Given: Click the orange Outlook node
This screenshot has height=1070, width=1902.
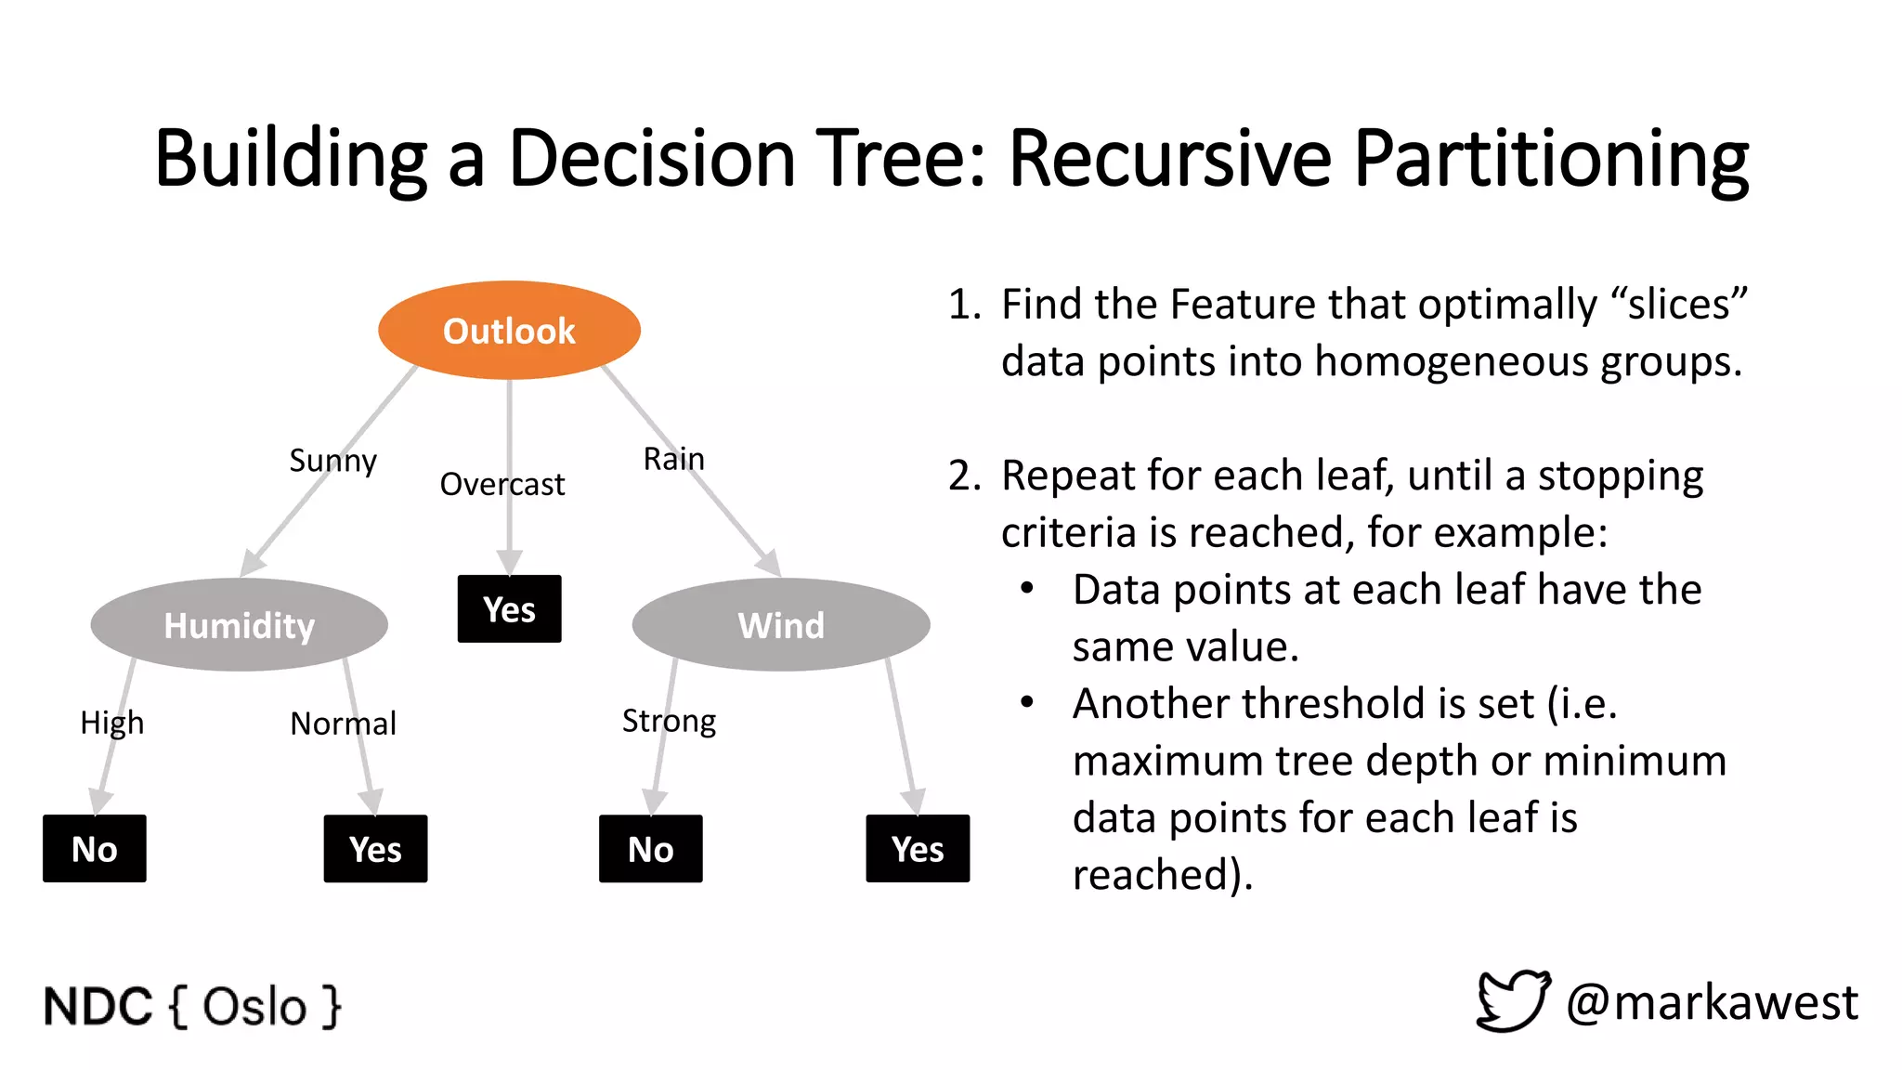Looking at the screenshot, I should (x=509, y=331).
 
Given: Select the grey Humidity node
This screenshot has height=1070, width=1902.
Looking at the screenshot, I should (x=239, y=625).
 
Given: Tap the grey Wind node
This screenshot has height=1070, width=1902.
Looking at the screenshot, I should (x=781, y=625).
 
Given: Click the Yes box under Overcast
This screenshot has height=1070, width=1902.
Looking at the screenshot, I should (x=509, y=609).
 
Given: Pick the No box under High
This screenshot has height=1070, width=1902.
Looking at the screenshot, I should (x=95, y=849).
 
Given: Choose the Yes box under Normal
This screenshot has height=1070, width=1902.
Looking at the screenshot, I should (x=375, y=849).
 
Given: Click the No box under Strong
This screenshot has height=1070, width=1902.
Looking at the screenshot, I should (x=650, y=849).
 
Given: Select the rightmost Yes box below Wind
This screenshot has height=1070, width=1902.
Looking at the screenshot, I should (x=918, y=849).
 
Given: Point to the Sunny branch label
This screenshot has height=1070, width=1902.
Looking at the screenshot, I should (x=332, y=461).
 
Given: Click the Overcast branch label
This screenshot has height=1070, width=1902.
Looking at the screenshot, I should (x=502, y=485).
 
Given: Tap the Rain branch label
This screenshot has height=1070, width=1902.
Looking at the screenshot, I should (x=673, y=459).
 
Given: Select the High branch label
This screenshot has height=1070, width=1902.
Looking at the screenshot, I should (x=111, y=723).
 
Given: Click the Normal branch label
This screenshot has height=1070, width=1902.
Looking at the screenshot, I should (x=343, y=724).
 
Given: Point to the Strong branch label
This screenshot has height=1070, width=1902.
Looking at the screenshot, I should (x=669, y=722).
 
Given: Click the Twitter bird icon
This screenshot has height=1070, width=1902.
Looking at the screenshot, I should (x=1513, y=1000).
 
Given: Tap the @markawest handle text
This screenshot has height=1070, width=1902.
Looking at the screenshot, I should (x=1712, y=1003).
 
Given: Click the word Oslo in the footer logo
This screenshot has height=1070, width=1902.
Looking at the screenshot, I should (x=254, y=1007).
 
